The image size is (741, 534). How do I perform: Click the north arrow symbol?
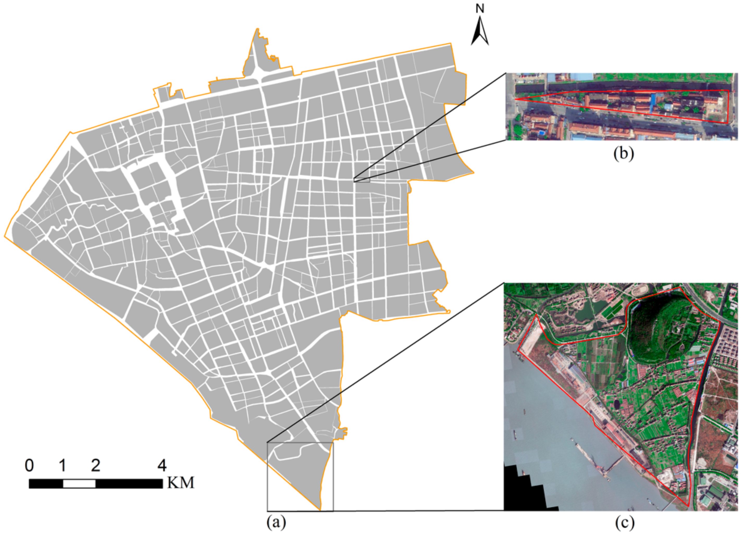click(x=480, y=32)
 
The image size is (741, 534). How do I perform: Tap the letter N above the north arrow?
click(x=480, y=9)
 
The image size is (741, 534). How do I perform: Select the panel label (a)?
click(x=276, y=522)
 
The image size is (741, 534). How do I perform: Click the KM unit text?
click(x=181, y=483)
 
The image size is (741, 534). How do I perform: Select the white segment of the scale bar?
click(x=79, y=484)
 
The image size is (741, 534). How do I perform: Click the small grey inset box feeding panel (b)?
click(x=362, y=180)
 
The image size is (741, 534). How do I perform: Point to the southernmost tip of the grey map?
click(x=320, y=510)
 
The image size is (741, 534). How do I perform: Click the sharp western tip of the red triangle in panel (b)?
click(x=515, y=99)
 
